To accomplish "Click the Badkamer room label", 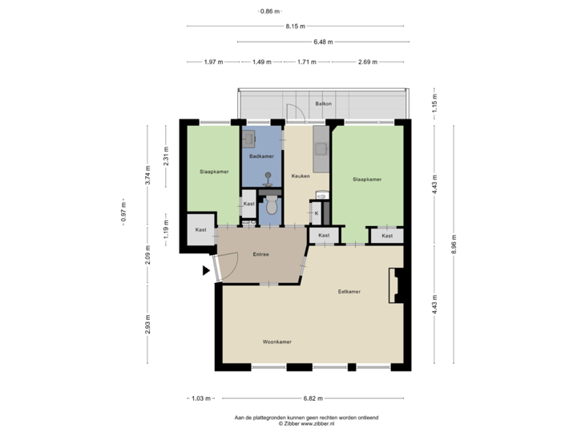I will (x=262, y=156).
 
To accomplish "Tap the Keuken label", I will (x=300, y=175).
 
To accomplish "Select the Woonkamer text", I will (x=276, y=342).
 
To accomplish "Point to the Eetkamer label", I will (x=349, y=292).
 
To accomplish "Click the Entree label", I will (x=260, y=254).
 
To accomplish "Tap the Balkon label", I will (x=324, y=104).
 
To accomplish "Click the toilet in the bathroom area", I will (x=272, y=206).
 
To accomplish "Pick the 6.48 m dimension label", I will (x=323, y=42).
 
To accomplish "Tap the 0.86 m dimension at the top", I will (x=270, y=11).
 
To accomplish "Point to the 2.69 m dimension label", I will (x=369, y=61).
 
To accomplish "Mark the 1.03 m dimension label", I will (x=200, y=398).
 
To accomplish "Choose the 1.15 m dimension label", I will (x=434, y=105).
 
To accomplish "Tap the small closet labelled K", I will (x=317, y=213).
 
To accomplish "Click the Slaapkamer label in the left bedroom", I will (x=214, y=172).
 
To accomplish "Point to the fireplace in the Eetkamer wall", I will (x=394, y=286).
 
